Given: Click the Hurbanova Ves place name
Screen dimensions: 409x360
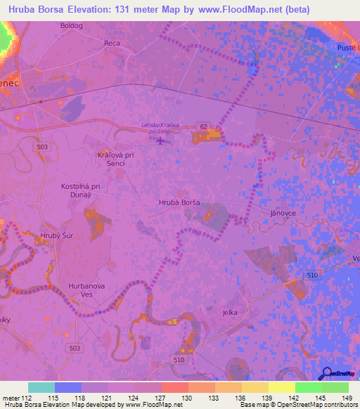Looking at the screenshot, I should pos(86,291).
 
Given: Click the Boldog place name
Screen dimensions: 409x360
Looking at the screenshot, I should pos(72,25).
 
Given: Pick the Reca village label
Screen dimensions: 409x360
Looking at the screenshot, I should pos(112,44).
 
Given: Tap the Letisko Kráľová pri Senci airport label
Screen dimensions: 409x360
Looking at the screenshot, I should pos(160,128).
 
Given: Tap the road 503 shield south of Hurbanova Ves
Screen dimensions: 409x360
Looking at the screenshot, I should pos(75,348).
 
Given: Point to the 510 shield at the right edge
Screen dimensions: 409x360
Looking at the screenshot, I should pos(311,276).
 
